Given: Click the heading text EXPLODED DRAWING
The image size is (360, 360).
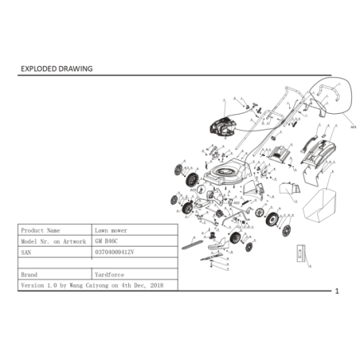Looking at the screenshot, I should point(56,68).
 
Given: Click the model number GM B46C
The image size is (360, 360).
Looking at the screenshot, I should point(105,239).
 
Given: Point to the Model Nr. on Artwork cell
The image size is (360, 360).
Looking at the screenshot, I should point(53,239).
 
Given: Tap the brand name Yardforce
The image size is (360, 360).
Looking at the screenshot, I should point(111,272).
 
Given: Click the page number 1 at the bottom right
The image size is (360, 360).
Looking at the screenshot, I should point(337,292).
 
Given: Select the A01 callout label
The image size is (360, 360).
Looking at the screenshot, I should point(353,125).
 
